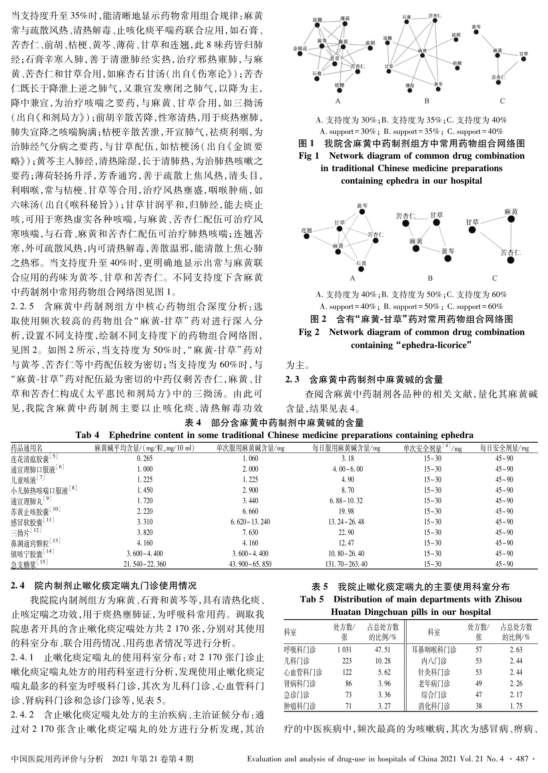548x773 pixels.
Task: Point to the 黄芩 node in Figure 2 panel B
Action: [x=448, y=259]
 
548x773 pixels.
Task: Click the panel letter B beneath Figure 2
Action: [x=430, y=278]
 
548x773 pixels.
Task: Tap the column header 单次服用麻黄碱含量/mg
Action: [x=250, y=448]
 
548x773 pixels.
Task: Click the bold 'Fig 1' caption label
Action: [x=309, y=155]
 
